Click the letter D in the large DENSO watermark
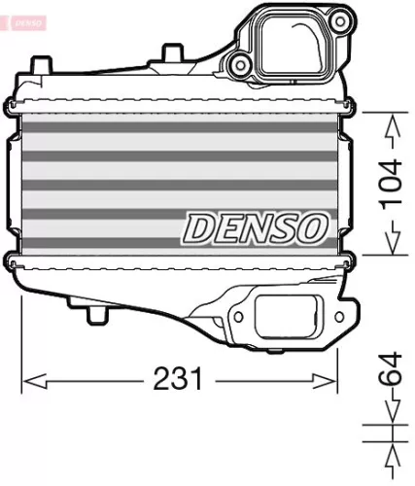point(200,228)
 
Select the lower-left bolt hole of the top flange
point(239,66)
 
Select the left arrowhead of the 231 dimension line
point(28,378)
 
